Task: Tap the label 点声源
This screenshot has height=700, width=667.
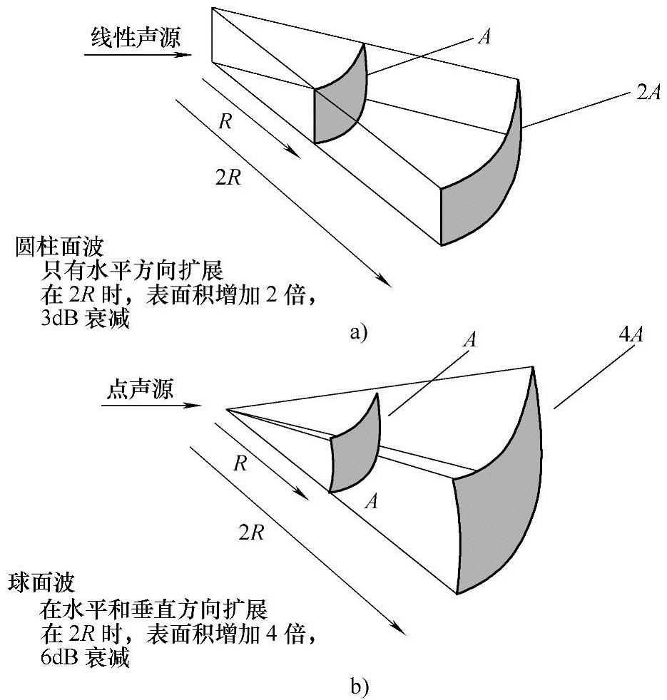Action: [140, 388]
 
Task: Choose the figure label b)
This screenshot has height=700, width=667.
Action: [360, 687]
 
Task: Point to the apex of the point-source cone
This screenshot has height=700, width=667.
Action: [227, 409]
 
